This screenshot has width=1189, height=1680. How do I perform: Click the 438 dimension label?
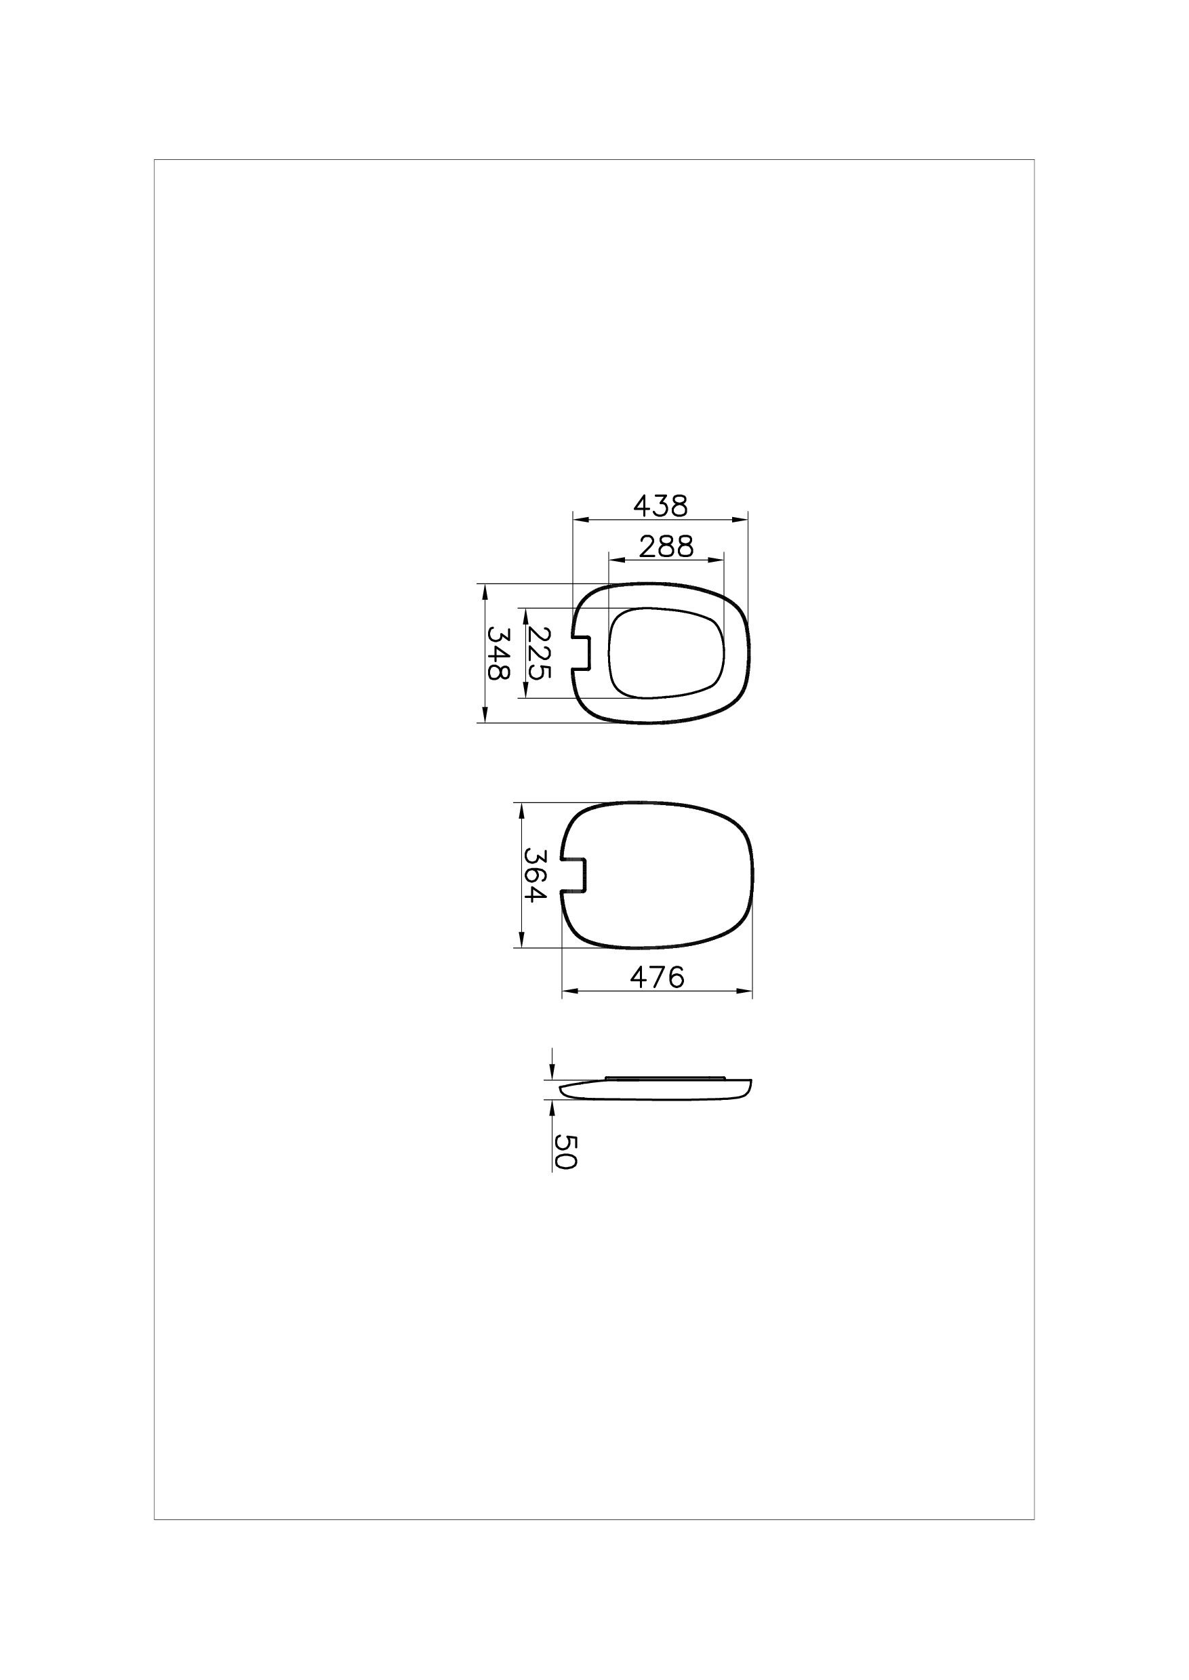pyautogui.click(x=660, y=505)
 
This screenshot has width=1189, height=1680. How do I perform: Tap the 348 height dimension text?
pyautogui.click(x=499, y=654)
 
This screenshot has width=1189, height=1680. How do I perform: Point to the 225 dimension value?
pyautogui.click(x=538, y=653)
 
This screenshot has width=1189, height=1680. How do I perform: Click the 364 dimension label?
pyautogui.click(x=536, y=875)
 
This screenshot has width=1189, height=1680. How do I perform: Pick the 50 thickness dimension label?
pyautogui.click(x=565, y=1152)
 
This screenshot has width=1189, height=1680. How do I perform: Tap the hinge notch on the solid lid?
pyautogui.click(x=574, y=875)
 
